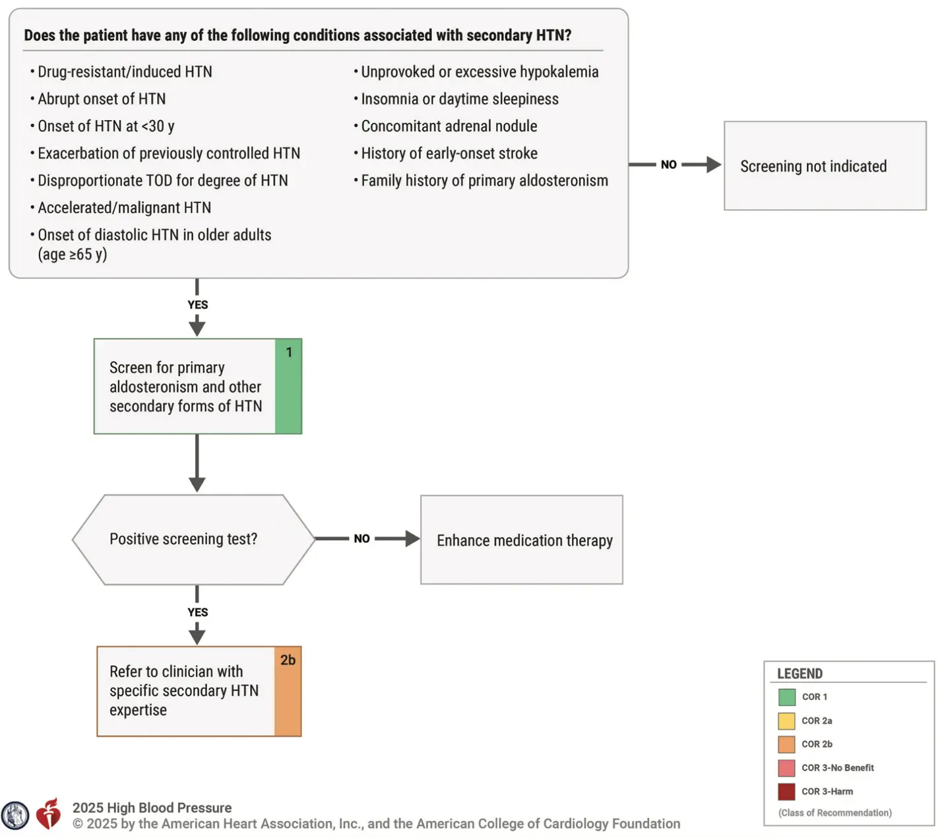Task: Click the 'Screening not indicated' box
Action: pos(825,166)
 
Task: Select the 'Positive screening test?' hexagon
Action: pos(193,540)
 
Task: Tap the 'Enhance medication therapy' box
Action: pos(521,540)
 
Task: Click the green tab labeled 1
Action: pos(288,386)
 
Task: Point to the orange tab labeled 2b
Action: pos(288,691)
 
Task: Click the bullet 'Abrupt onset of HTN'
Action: pos(98,99)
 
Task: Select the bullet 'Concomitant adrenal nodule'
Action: pos(445,126)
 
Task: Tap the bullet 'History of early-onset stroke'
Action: pos(445,154)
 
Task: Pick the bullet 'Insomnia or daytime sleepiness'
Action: pos(456,99)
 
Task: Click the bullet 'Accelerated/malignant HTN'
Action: pos(121,208)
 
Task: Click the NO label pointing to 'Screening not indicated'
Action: pos(669,164)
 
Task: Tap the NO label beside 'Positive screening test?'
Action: pos(361,538)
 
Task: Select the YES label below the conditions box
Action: pos(198,305)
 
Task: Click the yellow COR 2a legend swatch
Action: pos(787,721)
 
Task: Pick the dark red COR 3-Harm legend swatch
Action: pos(787,792)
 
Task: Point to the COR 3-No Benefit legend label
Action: pos(837,768)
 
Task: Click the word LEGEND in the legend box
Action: pos(800,674)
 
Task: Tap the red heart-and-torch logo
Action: pos(48,814)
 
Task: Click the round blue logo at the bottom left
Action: pos(15,815)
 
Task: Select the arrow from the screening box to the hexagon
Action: pos(197,463)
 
